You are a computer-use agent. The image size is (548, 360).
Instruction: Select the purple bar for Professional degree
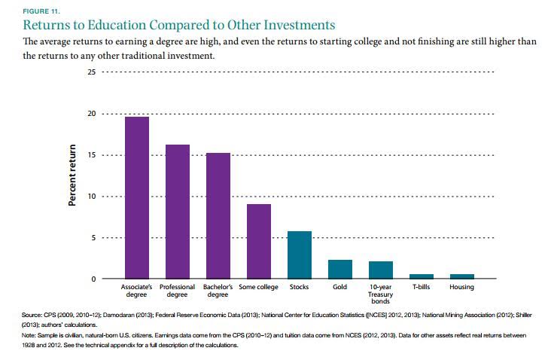178,212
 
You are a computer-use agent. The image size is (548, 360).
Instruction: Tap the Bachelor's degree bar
218,216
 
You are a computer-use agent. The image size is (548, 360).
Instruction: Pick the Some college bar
259,241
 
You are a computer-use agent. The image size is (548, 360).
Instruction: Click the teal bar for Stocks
300,255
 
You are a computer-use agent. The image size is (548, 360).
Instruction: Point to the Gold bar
340,270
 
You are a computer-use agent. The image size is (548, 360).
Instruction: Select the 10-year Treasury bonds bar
381,270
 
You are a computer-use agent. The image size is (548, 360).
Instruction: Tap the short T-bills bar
421,276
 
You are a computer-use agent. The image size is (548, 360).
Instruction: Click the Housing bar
461,276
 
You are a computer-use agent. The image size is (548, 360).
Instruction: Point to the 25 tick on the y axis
92,72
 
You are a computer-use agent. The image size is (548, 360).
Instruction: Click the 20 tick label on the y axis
92,114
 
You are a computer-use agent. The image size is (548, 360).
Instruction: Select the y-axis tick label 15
92,155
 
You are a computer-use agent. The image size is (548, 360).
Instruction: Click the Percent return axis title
73,175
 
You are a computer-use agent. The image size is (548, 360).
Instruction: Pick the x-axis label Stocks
299,288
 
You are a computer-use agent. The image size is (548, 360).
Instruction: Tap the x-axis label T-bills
421,288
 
